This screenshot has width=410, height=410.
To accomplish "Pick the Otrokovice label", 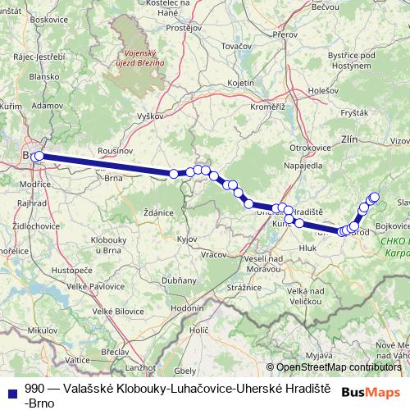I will [x=309, y=147].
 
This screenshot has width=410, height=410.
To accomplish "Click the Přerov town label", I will [x=285, y=35].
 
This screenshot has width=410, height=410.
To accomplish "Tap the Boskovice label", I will [x=48, y=18].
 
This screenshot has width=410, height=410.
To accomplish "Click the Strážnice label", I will [x=244, y=287].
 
